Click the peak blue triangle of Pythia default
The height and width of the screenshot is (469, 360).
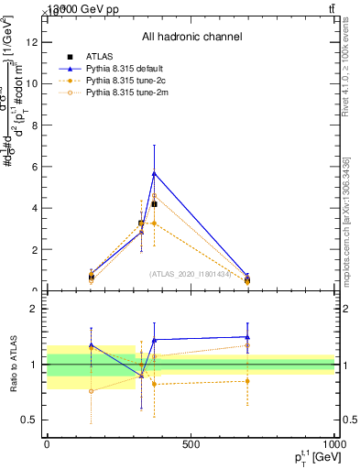tap(154, 173)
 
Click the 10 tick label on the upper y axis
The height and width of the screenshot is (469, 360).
tap(32, 82)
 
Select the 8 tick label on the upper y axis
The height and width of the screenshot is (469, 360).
tap(34, 125)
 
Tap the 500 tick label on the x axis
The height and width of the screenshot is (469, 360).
tap(191, 445)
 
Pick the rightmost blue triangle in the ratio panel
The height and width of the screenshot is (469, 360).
tap(247, 337)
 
